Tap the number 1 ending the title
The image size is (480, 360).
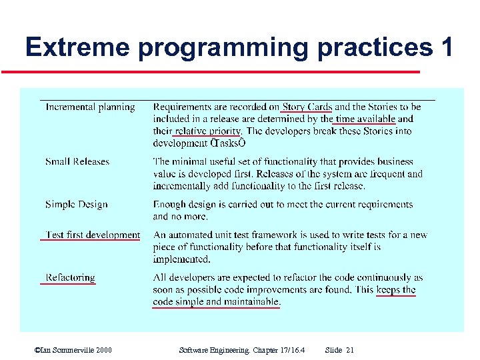tap(446, 47)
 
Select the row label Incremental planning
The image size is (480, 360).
tap(90, 107)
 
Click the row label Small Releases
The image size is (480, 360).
tap(77, 161)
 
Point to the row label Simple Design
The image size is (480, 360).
tap(76, 205)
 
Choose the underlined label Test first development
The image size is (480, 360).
tap(93, 235)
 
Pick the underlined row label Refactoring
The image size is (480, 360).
tap(70, 277)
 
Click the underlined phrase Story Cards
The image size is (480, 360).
tap(307, 107)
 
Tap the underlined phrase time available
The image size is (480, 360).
tap(365, 119)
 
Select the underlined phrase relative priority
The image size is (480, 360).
tap(207, 131)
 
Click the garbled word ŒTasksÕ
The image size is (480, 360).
tap(229, 143)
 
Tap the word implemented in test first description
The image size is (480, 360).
tap(181, 259)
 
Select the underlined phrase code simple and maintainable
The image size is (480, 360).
tap(216, 301)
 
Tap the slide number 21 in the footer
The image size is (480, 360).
tap(350, 350)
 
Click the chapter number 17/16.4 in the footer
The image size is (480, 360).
tap(291, 350)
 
